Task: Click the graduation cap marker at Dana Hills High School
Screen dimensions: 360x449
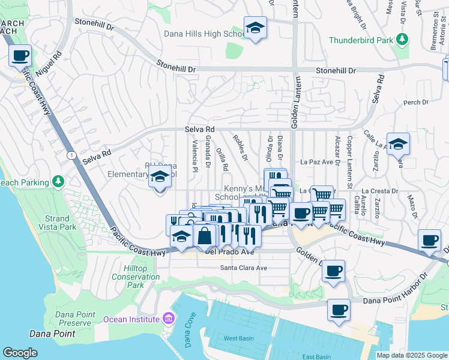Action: pos(255,28)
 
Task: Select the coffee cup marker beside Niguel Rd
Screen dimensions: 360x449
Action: pos(20,56)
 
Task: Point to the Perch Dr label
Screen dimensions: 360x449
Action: pos(415,103)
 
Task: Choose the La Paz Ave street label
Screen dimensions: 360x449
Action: pos(316,161)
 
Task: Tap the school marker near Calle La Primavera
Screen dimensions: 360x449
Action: pos(398,144)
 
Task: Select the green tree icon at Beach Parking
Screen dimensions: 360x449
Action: pos(58,181)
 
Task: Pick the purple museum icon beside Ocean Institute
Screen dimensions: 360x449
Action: pos(169,319)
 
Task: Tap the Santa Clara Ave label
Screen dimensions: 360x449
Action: pos(243,268)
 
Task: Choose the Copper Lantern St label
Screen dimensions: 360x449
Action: pos(349,161)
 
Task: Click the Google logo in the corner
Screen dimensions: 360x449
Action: pos(20,353)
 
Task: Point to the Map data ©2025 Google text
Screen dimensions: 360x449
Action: pos(411,355)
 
